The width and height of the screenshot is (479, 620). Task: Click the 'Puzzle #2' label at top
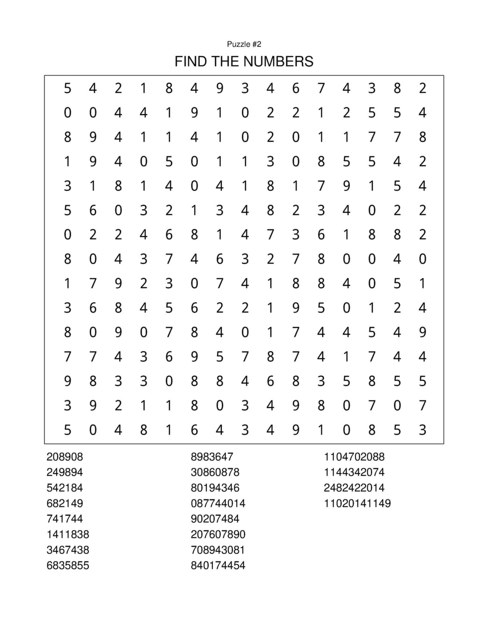coord(244,44)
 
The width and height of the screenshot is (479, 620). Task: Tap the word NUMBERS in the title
coord(278,61)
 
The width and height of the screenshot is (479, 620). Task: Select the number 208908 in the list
coord(65,457)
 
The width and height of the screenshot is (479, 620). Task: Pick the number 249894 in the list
coord(65,472)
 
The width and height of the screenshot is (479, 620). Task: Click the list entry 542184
coord(65,488)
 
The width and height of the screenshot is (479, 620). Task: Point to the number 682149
coord(65,503)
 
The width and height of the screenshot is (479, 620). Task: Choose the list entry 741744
coord(65,518)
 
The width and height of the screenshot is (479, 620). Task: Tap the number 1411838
coord(68,534)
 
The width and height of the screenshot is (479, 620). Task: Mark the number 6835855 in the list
coord(68,565)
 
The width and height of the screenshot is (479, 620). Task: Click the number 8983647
coord(212,457)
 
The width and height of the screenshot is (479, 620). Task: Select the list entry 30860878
coord(215,472)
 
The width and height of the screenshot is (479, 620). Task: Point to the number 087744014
coord(218,503)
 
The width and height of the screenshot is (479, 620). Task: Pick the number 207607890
coord(218,534)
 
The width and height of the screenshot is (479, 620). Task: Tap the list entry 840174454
coord(218,565)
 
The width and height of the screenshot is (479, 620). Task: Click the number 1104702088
coord(354,457)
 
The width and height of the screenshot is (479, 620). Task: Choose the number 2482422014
coord(354,488)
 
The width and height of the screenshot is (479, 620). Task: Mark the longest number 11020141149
coord(357,503)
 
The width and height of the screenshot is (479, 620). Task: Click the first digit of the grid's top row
coord(68,88)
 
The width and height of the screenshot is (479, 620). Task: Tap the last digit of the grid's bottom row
coord(422,430)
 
